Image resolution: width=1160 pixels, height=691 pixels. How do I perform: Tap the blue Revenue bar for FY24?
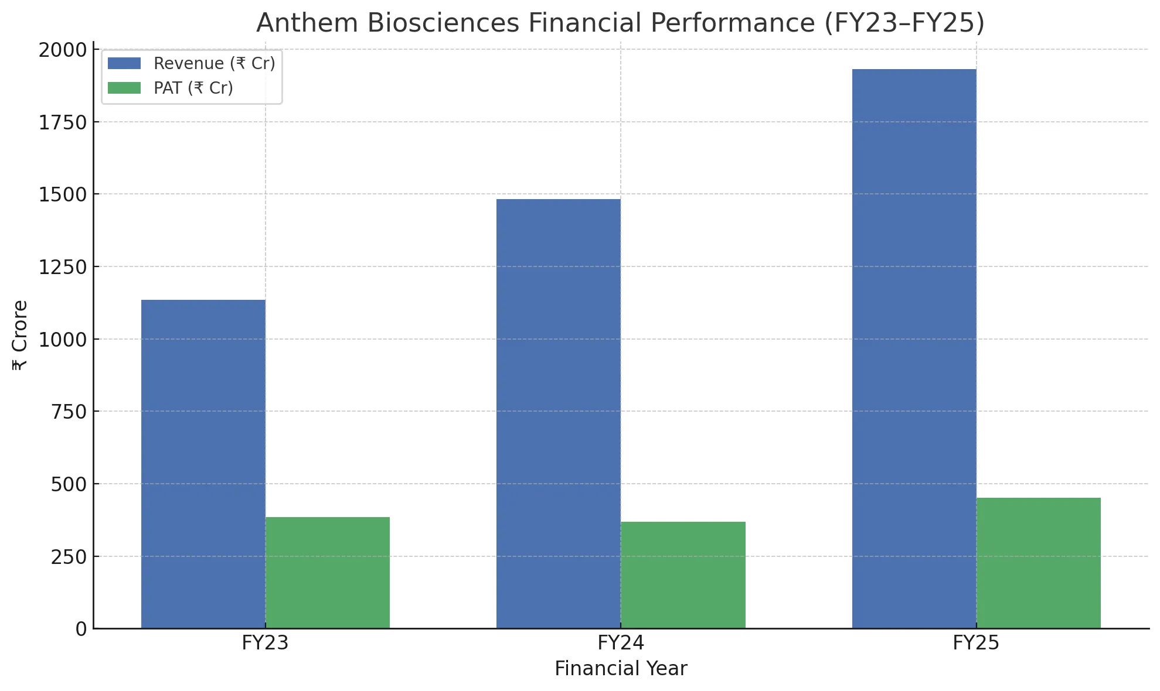click(558, 413)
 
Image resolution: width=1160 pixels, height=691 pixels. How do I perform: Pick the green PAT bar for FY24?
click(683, 574)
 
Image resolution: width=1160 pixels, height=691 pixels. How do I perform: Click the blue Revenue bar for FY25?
click(914, 348)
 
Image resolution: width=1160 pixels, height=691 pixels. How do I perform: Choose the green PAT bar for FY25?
click(1038, 563)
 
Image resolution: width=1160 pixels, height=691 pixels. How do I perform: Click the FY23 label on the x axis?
click(265, 643)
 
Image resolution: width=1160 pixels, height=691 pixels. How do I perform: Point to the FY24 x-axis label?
click(621, 643)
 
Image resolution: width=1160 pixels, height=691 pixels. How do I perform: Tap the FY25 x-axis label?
click(976, 643)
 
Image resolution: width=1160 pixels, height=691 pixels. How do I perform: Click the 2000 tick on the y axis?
click(63, 50)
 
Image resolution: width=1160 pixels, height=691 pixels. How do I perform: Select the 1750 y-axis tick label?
click(63, 123)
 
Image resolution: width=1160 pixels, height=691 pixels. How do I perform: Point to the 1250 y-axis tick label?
click(63, 268)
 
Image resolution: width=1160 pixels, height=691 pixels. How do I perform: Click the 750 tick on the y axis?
click(69, 412)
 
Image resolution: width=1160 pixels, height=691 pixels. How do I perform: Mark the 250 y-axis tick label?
click(69, 557)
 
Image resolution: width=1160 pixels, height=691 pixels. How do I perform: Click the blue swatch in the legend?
click(124, 63)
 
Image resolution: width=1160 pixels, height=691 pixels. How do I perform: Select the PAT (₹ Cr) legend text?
click(193, 88)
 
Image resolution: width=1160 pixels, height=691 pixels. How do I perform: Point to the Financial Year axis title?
click(621, 669)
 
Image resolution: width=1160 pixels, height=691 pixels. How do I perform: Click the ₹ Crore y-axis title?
click(20, 335)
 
